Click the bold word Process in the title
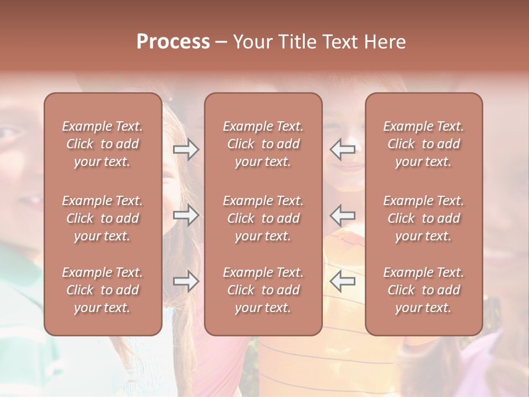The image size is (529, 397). pos(173,42)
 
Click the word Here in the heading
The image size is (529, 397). pos(385,42)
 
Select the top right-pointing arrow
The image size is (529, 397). pos(186,149)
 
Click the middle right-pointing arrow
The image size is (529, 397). pos(186,215)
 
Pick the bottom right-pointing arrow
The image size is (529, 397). pos(186,281)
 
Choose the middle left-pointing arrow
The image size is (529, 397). pos(342,215)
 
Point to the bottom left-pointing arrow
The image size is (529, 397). pos(342,281)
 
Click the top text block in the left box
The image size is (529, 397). pos(102,144)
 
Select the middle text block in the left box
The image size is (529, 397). pos(102,218)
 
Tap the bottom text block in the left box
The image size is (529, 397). pos(102,290)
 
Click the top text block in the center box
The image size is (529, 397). pos(263,144)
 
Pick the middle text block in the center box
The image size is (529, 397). pos(263,218)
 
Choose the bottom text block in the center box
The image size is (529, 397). pos(263,290)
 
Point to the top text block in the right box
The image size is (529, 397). pos(423,144)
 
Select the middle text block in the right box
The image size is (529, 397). pos(423,218)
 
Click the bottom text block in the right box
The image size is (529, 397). pos(423,290)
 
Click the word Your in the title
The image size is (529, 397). pos(252,42)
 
